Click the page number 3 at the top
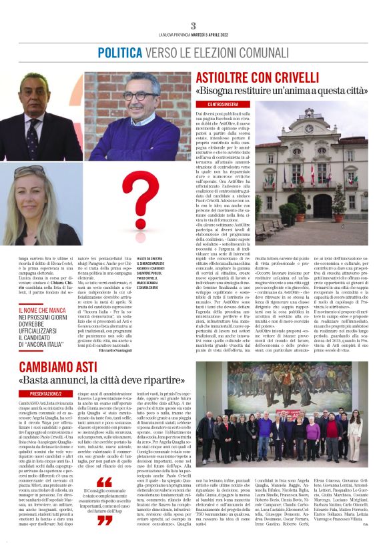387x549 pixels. point(193,25)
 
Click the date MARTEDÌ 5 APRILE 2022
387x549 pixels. point(208,35)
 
